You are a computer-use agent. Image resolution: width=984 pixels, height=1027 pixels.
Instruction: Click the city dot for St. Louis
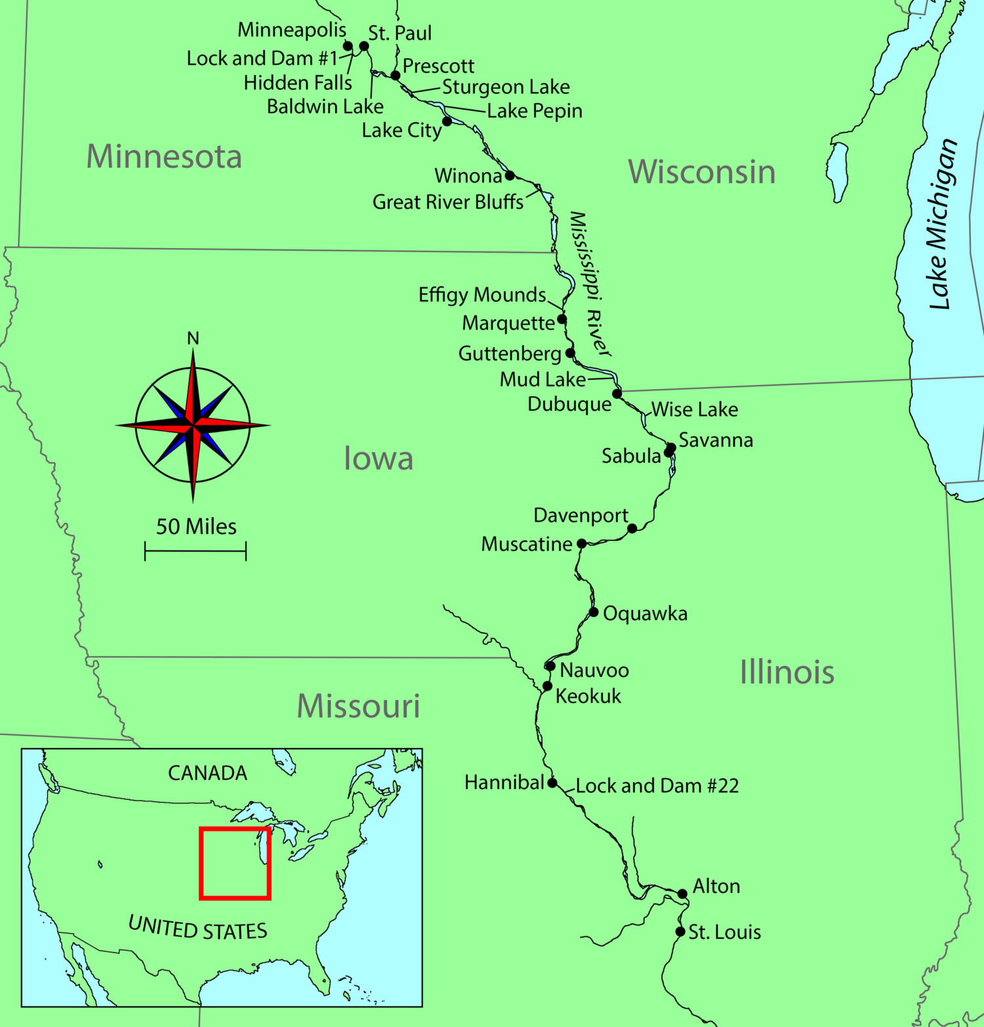tap(680, 931)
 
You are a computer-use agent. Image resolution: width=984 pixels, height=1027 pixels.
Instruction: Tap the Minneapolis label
tap(292, 30)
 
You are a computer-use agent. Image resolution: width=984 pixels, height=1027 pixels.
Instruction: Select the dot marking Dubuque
tap(617, 394)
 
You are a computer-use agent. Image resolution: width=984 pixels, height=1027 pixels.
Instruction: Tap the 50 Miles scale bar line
tap(195, 551)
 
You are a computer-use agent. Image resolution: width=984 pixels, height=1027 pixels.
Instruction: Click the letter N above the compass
tap(193, 338)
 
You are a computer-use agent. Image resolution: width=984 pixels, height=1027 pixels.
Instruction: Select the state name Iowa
tap(379, 458)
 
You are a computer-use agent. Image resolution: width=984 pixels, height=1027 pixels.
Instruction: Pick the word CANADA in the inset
tap(207, 773)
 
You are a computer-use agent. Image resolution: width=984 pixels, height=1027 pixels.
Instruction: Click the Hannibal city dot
tap(552, 783)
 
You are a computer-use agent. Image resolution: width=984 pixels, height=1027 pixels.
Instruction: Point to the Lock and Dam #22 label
tap(657, 786)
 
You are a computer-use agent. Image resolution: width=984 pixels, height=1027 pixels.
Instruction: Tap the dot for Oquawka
tap(593, 612)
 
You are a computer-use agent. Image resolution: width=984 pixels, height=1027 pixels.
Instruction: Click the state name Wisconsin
tap(701, 172)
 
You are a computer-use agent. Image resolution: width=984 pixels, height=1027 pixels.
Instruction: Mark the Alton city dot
tap(682, 894)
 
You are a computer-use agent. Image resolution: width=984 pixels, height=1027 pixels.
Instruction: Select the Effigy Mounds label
tap(482, 295)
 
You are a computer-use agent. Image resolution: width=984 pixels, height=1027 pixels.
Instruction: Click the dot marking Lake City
tap(447, 121)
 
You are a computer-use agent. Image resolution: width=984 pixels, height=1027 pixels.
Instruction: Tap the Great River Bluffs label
tap(448, 201)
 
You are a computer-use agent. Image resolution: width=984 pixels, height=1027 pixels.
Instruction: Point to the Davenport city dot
tap(632, 528)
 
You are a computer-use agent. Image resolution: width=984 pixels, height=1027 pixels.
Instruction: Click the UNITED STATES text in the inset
tap(198, 928)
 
